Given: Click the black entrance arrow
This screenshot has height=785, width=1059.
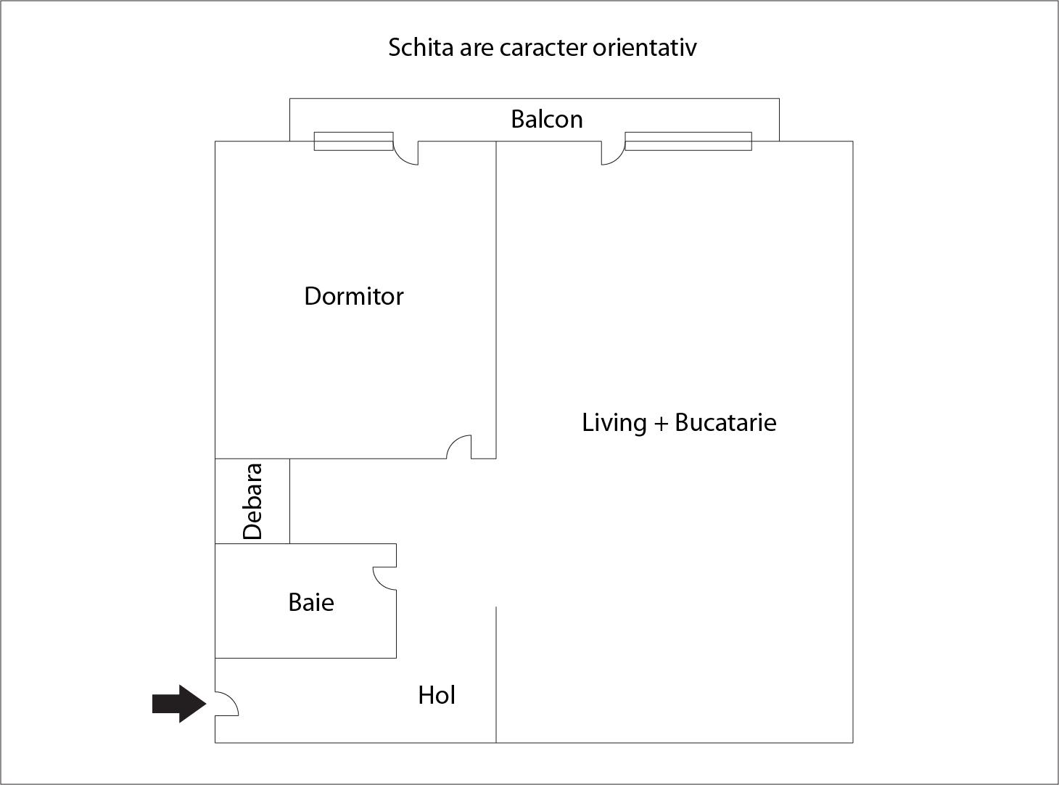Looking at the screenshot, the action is (x=179, y=704).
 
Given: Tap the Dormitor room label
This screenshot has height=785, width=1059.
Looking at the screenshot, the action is (x=354, y=296).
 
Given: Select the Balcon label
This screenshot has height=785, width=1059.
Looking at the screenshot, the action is (x=547, y=119).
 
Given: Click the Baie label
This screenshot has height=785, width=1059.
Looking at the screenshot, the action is (x=311, y=602).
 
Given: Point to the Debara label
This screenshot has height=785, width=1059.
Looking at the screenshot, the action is (x=252, y=501).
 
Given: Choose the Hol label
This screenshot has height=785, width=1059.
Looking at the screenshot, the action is (x=437, y=695).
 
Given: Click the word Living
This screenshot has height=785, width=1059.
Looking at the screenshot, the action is (x=614, y=423).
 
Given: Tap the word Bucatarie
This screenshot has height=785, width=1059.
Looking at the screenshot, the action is (x=725, y=422).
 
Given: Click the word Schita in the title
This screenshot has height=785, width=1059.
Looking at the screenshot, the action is (x=421, y=47).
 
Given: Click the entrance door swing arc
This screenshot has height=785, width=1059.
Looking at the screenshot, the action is (x=226, y=704).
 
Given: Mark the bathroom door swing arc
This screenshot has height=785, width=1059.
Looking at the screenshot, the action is (x=384, y=579).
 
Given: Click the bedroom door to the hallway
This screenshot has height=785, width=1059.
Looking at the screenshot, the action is (x=459, y=447).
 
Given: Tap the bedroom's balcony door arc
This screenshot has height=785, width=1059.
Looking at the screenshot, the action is (x=406, y=153).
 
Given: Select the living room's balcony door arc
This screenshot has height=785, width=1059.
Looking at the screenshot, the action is (x=613, y=153).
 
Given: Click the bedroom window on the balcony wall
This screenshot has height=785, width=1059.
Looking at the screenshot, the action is (x=353, y=141).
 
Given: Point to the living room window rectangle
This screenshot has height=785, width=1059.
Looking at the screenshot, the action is (x=688, y=141).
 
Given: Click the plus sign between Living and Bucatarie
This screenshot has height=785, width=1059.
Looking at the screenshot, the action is (x=661, y=424).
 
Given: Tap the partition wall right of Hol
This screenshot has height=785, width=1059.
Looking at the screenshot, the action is (x=496, y=675).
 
